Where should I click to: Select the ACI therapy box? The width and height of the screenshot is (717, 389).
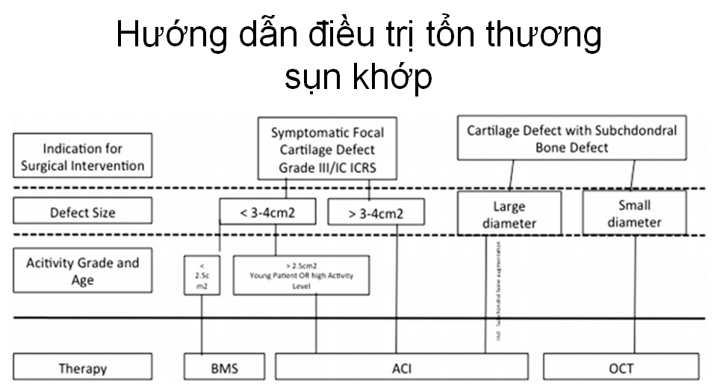(x=401, y=368)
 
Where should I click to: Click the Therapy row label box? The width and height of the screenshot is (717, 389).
(x=82, y=368)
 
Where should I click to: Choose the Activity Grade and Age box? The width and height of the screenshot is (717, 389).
(x=82, y=272)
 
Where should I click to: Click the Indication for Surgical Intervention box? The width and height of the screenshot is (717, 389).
(x=82, y=156)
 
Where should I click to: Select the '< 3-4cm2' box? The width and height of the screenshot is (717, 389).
(x=267, y=212)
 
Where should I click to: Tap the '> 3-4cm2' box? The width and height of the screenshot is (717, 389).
(x=376, y=212)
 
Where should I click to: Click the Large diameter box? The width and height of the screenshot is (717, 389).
(x=509, y=214)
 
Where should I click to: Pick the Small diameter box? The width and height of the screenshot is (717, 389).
(x=634, y=212)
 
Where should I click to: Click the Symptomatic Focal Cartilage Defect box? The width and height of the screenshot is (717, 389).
(x=327, y=148)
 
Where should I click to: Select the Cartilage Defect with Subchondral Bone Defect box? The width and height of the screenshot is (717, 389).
(x=571, y=138)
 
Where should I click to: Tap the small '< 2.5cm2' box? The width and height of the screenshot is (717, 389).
(x=201, y=276)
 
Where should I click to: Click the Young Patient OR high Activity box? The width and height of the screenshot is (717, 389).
(x=301, y=275)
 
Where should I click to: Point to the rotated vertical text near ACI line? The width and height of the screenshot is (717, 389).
(x=497, y=292)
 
